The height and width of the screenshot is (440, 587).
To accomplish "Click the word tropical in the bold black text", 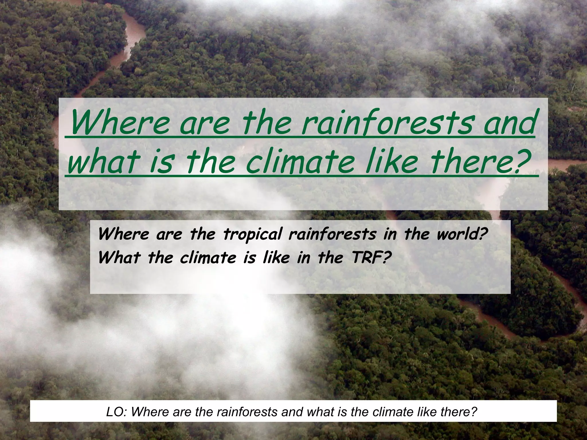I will pyautogui.click(x=252, y=234).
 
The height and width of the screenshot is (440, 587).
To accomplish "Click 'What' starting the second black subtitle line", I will pyautogui.click(x=119, y=257).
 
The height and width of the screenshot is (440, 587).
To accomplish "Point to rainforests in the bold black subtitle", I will pyautogui.click(x=332, y=234).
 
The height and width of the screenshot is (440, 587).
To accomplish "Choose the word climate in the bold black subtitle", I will pyautogui.click(x=208, y=257).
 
